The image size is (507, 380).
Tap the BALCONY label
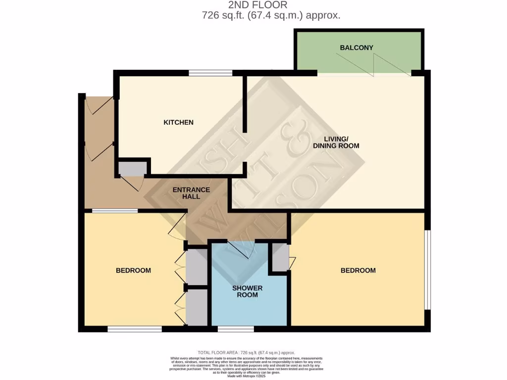coord(356,48)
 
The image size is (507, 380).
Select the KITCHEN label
coord(178,122)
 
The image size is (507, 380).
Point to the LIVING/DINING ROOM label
coord(336,142)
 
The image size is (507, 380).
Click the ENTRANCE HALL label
coord(191,193)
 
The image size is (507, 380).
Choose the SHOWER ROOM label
coord(247,291)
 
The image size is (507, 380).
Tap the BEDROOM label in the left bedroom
coord(133,270)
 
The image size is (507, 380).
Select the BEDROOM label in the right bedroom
coord(358,270)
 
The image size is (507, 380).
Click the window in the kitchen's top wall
coord(210,73)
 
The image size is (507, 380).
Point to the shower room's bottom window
coord(236,329)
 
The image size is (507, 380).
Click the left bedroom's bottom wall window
coord(135,329)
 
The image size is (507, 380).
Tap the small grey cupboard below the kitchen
coord(132,169)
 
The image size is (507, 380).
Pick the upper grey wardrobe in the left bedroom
coord(197,266)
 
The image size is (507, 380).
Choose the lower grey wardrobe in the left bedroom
coord(197,307)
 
